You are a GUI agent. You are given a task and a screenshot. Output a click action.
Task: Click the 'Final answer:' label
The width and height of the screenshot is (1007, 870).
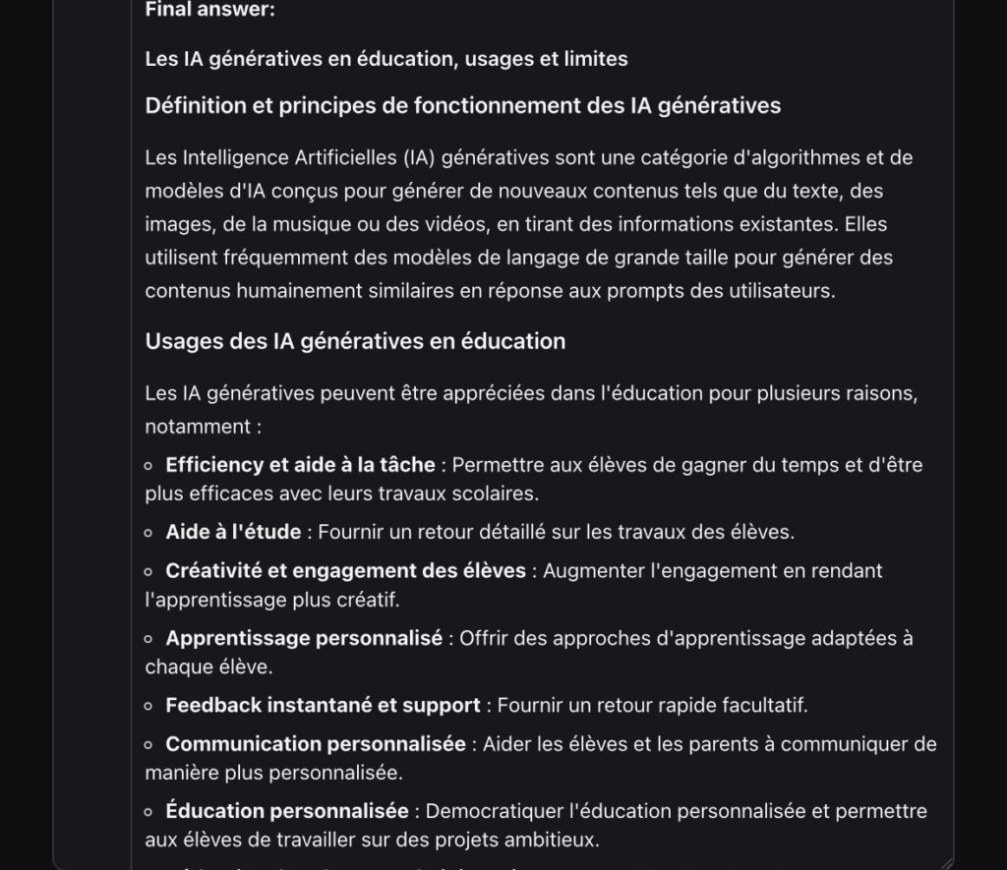coord(209,10)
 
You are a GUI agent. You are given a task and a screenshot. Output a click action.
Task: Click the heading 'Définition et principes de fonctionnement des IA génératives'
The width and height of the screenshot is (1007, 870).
coord(462,105)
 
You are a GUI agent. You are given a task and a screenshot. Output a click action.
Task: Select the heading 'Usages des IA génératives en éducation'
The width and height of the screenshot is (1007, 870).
coord(355,341)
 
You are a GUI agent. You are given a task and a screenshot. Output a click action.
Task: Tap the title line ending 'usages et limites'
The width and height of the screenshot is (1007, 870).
coord(385,59)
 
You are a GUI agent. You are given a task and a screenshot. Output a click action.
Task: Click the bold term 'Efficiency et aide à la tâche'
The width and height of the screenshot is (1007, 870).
coord(300,465)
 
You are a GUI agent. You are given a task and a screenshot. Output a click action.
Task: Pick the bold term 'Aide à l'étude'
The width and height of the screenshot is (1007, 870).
coord(233,532)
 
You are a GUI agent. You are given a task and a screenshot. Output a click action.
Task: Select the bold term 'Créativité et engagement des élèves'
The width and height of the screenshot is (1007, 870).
coord(345,570)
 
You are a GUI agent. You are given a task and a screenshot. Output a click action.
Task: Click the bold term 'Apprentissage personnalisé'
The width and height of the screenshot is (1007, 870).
coord(304,638)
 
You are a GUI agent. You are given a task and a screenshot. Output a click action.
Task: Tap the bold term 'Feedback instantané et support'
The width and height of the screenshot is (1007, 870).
coord(323,705)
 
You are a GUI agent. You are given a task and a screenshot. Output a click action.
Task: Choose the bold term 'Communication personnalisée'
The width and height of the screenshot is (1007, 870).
coord(316,744)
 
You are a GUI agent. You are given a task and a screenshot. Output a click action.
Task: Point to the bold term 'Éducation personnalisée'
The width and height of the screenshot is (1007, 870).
coord(287,811)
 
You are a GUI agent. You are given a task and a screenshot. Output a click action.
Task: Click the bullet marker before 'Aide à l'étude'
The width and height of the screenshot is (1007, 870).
coord(148,533)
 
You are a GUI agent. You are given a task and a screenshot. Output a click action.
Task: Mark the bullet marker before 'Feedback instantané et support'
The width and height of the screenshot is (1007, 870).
coord(148,706)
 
